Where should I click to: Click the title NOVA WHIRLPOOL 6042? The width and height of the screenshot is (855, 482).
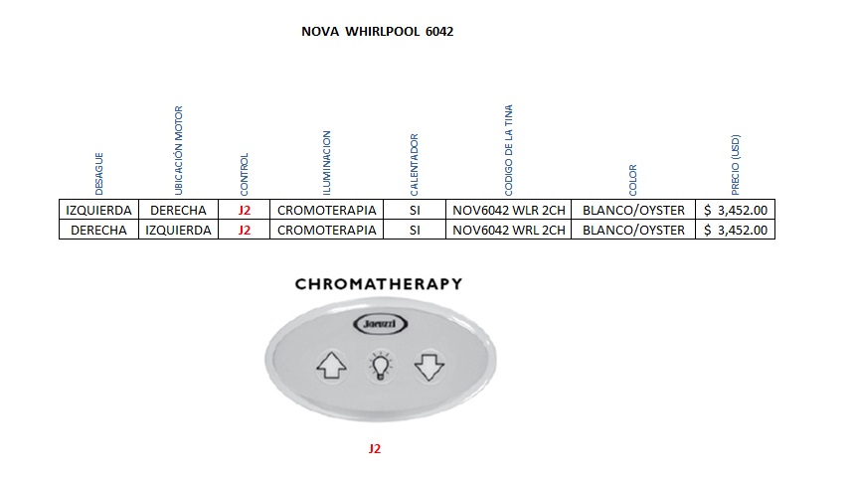377,32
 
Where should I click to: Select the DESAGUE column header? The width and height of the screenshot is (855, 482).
99,173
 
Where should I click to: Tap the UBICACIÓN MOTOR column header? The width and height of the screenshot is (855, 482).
179,149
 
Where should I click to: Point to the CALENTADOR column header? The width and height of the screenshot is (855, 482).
415,163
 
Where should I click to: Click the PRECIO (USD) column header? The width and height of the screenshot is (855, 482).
736,164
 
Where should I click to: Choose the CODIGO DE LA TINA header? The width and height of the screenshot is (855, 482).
509,148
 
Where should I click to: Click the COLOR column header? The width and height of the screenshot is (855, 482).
633,179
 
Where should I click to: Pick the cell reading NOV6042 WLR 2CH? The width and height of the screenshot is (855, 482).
509,210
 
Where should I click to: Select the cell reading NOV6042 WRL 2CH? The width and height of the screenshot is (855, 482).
509,230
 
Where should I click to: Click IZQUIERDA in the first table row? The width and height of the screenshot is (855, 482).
98,210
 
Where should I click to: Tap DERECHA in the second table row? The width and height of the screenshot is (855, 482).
98,230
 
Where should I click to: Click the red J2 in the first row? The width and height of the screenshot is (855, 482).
245,210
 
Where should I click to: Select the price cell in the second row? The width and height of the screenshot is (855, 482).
736,230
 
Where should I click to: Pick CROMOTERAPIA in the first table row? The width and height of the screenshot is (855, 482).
327,210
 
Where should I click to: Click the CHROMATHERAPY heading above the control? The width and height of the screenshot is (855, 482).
379,284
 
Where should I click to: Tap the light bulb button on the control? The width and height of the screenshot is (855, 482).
379,368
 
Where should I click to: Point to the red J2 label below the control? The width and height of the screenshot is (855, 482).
374,449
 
